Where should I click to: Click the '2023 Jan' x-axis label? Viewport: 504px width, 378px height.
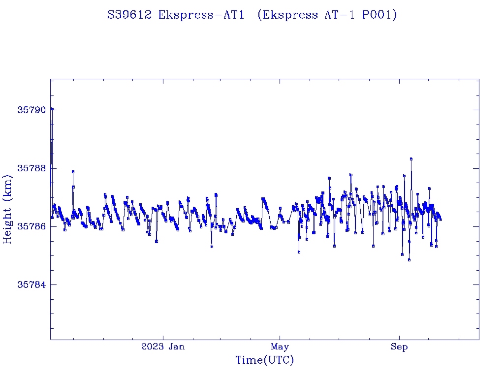(163, 347)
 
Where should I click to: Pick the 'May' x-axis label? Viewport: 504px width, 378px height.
(280, 347)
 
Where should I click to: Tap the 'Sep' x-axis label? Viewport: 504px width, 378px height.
(399, 347)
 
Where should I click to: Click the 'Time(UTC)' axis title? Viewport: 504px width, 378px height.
(264, 360)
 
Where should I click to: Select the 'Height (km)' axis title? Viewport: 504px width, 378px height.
(8, 209)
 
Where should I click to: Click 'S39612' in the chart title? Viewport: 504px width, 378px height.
(130, 15)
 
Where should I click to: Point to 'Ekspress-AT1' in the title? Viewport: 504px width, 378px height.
(201, 15)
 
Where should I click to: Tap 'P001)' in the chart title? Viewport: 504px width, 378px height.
(379, 15)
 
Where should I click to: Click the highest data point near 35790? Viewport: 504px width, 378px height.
(52, 109)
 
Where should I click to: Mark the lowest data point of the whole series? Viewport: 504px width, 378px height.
(409, 260)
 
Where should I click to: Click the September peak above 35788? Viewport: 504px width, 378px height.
(411, 159)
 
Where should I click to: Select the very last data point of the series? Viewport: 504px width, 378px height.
(441, 220)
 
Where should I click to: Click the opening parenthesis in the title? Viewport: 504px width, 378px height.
(259, 15)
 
